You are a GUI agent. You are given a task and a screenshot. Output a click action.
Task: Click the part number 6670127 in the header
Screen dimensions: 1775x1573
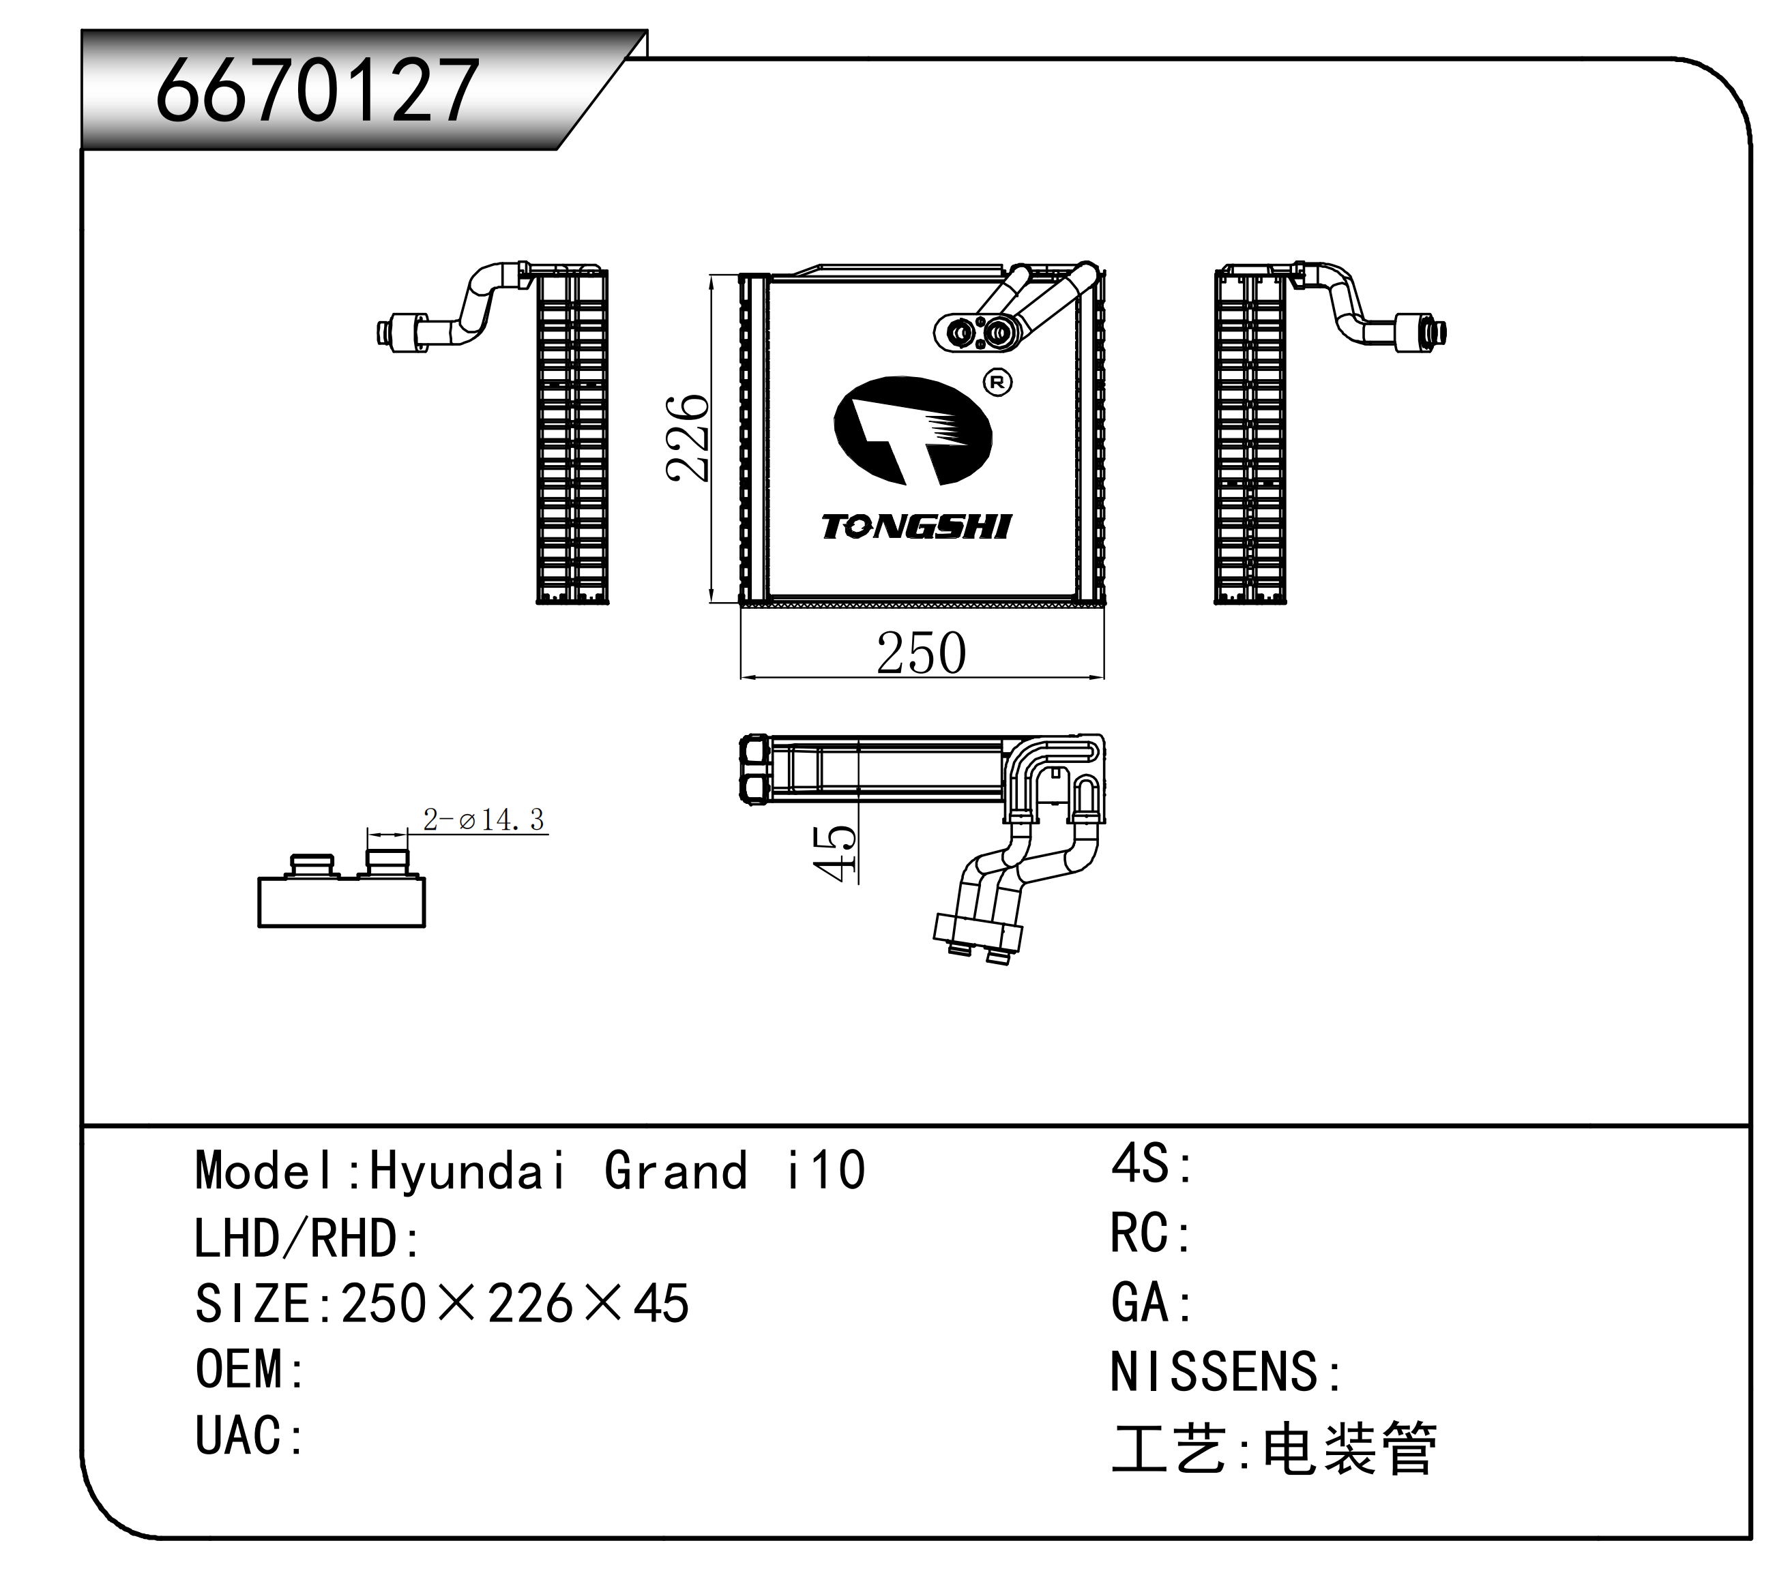(317, 90)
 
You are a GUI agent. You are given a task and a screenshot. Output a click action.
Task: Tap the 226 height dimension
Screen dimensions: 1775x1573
(688, 438)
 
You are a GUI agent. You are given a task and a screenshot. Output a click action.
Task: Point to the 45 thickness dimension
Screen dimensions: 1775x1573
(834, 854)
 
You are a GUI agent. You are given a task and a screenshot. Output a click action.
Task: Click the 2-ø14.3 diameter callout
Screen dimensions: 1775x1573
(484, 819)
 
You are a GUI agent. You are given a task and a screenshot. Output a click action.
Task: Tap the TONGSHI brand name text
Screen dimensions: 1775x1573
(917, 527)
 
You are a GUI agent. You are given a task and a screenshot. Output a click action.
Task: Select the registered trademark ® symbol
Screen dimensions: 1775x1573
(998, 382)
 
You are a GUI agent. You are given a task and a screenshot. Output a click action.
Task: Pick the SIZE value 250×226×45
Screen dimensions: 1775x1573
(515, 1304)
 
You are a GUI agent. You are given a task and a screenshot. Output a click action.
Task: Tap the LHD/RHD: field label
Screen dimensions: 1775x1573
(306, 1238)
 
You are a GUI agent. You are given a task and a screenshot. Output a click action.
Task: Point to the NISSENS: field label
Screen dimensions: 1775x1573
(1225, 1373)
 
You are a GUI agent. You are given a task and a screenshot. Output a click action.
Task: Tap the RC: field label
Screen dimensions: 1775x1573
(1151, 1233)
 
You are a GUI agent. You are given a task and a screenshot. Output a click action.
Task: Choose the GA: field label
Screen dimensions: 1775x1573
(1151, 1303)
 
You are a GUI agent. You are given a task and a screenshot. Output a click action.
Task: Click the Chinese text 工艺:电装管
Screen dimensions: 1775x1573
(1274, 1448)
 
